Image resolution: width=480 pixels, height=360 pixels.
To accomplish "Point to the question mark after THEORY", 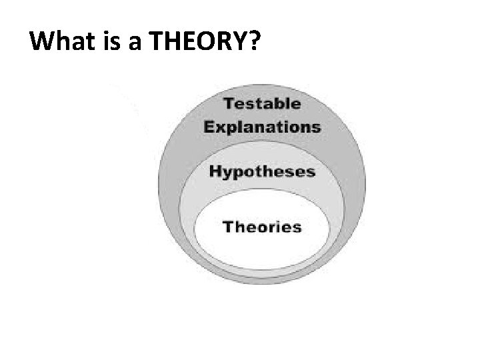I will pos(255,43).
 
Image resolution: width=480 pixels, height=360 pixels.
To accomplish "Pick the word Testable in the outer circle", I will pos(262,104).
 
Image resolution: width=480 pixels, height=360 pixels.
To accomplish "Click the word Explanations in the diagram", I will pos(262,127).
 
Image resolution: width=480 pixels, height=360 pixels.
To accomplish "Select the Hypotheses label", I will pos(261,172).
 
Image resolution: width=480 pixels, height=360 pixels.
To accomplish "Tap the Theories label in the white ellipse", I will pos(262,227).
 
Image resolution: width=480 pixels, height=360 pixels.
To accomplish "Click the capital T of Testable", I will pos(229,104).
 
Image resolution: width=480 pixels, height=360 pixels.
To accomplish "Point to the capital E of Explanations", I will pos(209,127).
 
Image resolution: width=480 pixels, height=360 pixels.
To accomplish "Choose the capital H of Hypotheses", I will pos(216,171).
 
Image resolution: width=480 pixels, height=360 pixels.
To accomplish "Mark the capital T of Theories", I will pos(228,227).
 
